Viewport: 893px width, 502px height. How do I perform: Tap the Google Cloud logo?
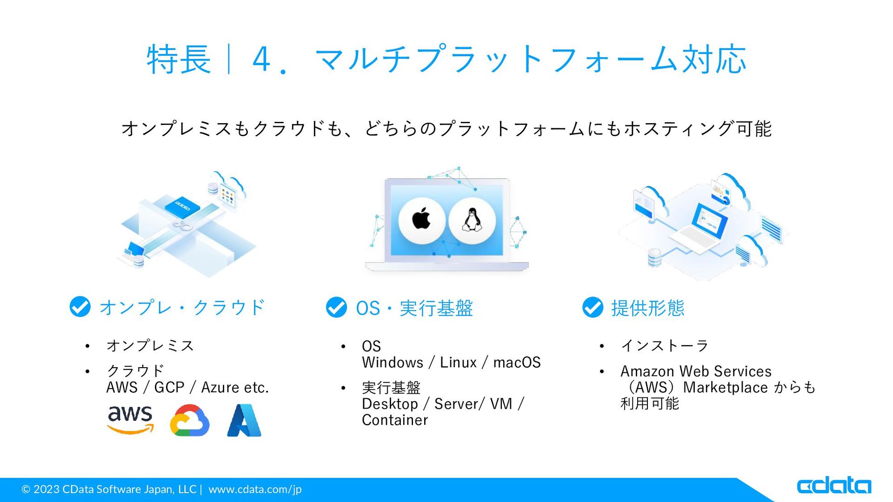point(190,420)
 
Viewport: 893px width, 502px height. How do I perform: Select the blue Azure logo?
point(244,420)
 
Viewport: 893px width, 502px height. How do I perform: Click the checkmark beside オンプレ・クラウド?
point(80,307)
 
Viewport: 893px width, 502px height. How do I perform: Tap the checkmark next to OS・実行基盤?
point(336,307)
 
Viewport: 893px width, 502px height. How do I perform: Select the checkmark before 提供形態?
point(593,307)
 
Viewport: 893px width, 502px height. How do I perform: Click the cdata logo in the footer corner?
point(834,485)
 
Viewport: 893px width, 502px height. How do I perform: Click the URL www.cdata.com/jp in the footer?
point(255,489)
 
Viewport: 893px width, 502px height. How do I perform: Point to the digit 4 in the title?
point(261,59)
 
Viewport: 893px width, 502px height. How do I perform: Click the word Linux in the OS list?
point(458,363)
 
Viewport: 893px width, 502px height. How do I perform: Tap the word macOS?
point(517,363)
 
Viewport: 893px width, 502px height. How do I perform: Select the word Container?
point(395,420)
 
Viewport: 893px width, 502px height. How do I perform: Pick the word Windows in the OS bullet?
point(393,363)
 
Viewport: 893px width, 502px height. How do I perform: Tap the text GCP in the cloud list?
point(169,387)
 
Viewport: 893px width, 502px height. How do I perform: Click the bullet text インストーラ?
point(665,346)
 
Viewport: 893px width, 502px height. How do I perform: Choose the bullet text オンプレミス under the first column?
point(150,346)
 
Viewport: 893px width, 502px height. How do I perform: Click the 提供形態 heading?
point(648,308)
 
